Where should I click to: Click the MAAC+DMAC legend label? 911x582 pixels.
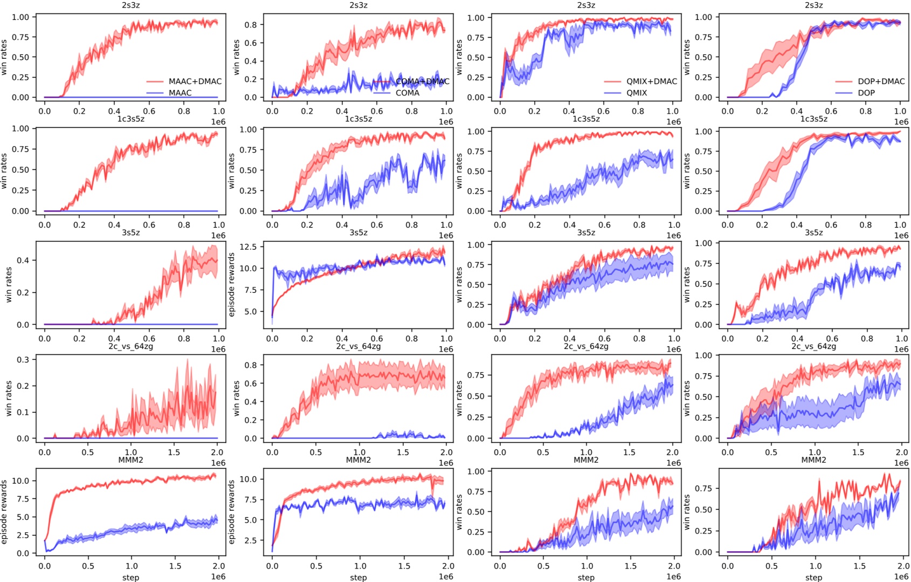point(195,81)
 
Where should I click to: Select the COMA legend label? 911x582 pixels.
point(407,93)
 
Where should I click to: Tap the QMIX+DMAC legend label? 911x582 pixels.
point(651,81)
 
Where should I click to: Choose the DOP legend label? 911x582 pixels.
point(866,93)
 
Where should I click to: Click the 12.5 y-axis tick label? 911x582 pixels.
point(249,247)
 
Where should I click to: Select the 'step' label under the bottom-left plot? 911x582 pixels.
point(130,577)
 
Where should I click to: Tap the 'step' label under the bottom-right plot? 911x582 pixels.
point(813,577)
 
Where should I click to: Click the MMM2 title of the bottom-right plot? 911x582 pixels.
point(813,460)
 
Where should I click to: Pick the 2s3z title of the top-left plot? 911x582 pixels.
point(130,5)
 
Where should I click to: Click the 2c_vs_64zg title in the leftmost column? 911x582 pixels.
point(130,346)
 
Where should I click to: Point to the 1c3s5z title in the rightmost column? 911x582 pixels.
point(813,119)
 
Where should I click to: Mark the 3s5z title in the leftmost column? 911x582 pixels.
point(130,232)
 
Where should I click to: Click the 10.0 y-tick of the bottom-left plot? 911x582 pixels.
point(20,481)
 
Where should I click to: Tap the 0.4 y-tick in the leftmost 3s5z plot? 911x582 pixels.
point(23,260)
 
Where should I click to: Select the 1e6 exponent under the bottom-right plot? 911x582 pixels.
point(901,577)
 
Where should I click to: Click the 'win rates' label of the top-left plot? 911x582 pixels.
point(4,57)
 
